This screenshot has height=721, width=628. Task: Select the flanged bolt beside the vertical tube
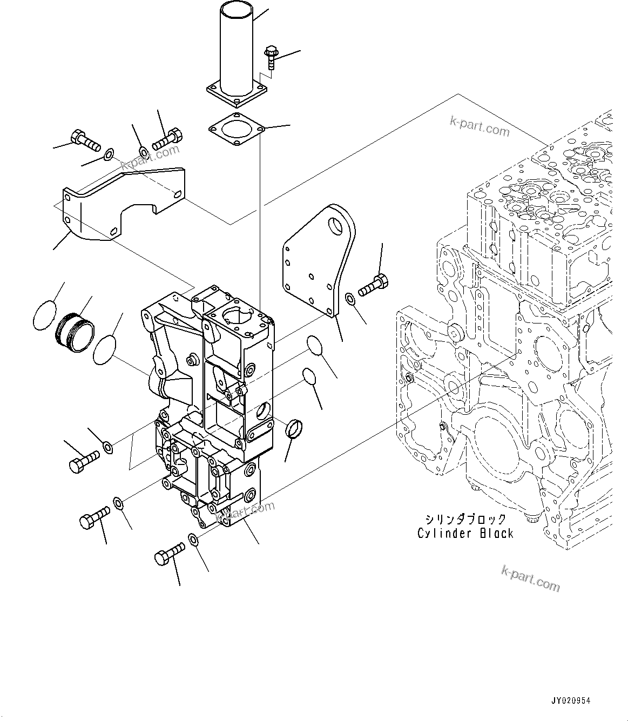(x=270, y=58)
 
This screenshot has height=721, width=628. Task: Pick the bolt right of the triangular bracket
(x=372, y=285)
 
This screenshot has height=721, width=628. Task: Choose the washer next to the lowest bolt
(x=193, y=538)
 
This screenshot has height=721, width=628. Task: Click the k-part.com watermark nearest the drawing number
(x=530, y=578)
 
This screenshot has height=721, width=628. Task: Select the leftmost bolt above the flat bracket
(x=85, y=139)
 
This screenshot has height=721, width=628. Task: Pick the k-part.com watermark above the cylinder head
(x=480, y=127)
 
